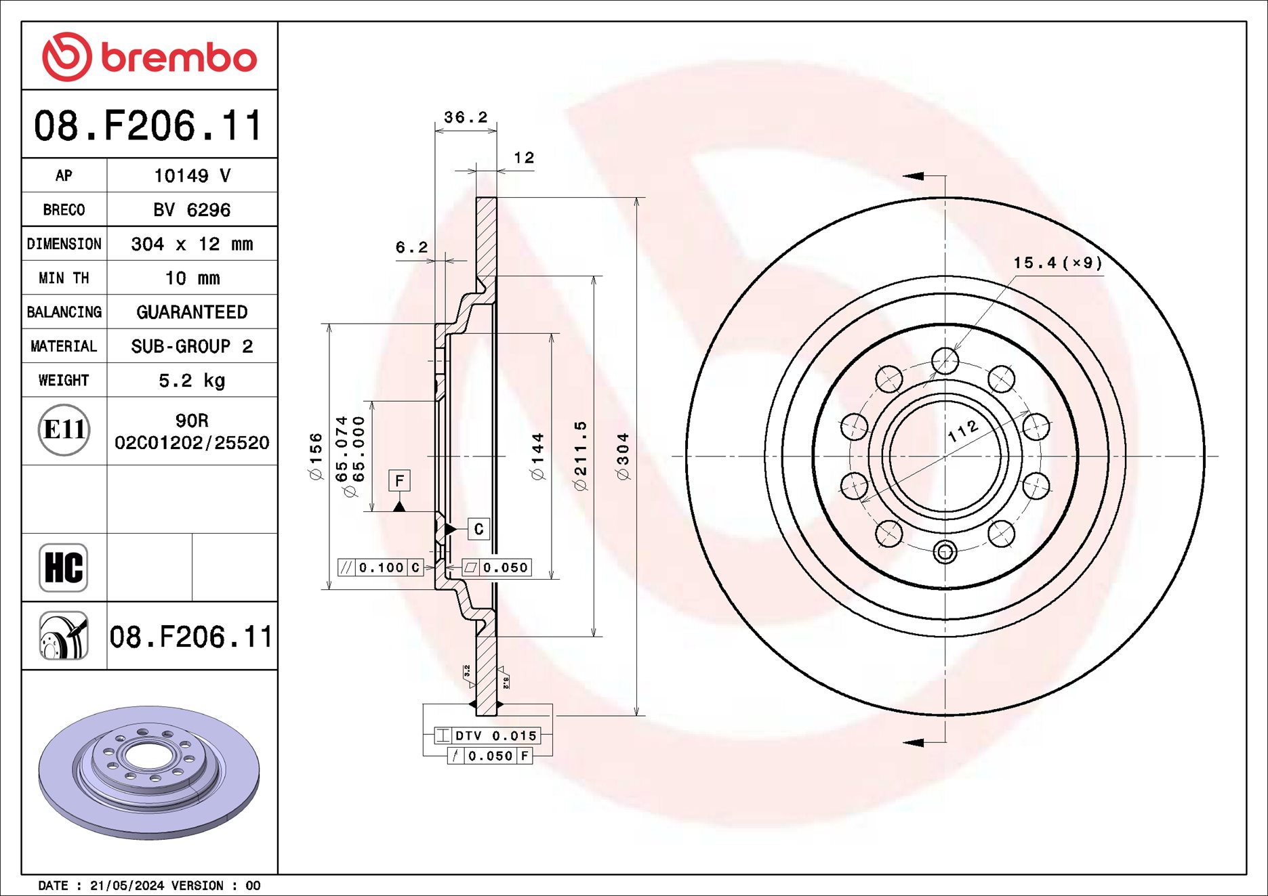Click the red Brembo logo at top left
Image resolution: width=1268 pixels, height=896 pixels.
[149, 57]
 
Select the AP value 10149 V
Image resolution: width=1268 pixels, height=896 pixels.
[192, 176]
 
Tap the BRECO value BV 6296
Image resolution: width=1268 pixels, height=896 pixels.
[192, 210]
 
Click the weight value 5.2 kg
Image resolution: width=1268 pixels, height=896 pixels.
[192, 381]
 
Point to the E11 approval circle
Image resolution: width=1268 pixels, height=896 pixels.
[64, 430]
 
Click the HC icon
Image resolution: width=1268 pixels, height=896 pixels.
[64, 568]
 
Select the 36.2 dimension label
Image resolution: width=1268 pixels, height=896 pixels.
[466, 117]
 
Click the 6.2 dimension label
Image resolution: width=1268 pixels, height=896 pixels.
[411, 248]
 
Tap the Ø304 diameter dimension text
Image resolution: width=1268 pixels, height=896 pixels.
[623, 456]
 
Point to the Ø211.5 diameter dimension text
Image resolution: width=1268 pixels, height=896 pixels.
[580, 455]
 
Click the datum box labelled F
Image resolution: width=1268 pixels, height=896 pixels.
[399, 481]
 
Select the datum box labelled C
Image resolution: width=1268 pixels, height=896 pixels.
[478, 529]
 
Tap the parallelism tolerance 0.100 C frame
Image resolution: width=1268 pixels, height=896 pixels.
[381, 568]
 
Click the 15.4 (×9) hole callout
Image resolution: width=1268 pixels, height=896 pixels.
[1057, 263]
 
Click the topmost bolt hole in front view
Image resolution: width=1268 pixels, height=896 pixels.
[945, 360]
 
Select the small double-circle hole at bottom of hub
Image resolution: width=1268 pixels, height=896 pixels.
[945, 552]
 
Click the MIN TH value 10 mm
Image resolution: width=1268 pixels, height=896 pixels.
[192, 278]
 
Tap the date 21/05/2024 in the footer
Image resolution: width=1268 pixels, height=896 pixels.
[127, 886]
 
